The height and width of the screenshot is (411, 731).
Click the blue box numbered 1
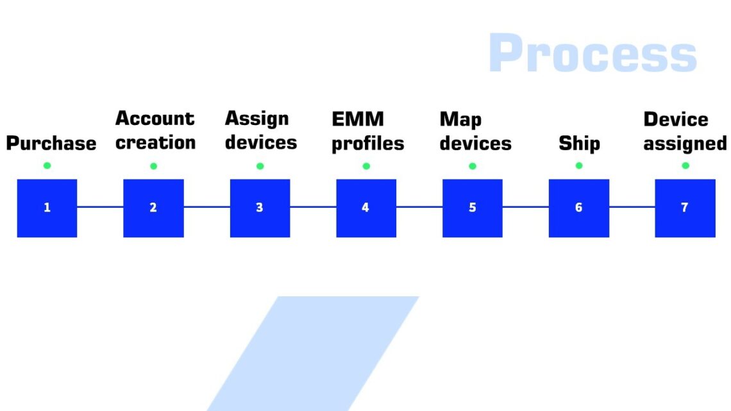point(47,208)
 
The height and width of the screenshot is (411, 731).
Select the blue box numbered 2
point(153,208)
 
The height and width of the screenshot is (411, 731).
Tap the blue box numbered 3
point(260,208)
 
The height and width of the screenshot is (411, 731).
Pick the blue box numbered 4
point(366,208)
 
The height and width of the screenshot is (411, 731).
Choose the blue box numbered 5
point(473,208)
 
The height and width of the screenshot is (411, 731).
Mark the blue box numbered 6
point(579,208)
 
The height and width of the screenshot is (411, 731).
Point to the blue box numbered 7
point(685,208)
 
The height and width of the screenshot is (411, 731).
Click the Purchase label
point(51,143)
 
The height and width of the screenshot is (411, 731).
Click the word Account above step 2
point(155,119)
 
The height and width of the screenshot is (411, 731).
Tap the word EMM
point(358,119)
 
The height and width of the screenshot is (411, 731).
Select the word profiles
point(367,144)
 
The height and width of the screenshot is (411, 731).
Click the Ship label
point(579,143)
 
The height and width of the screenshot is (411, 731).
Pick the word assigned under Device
point(685,144)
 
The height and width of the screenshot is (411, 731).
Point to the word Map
point(460,120)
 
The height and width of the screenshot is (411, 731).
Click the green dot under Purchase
point(47,166)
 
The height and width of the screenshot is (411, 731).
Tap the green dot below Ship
point(579,166)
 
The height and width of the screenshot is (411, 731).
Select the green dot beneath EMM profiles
point(366,166)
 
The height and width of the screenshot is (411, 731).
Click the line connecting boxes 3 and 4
point(313,207)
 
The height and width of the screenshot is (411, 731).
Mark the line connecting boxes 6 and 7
point(632,207)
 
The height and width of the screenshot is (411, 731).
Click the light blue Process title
point(592,54)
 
